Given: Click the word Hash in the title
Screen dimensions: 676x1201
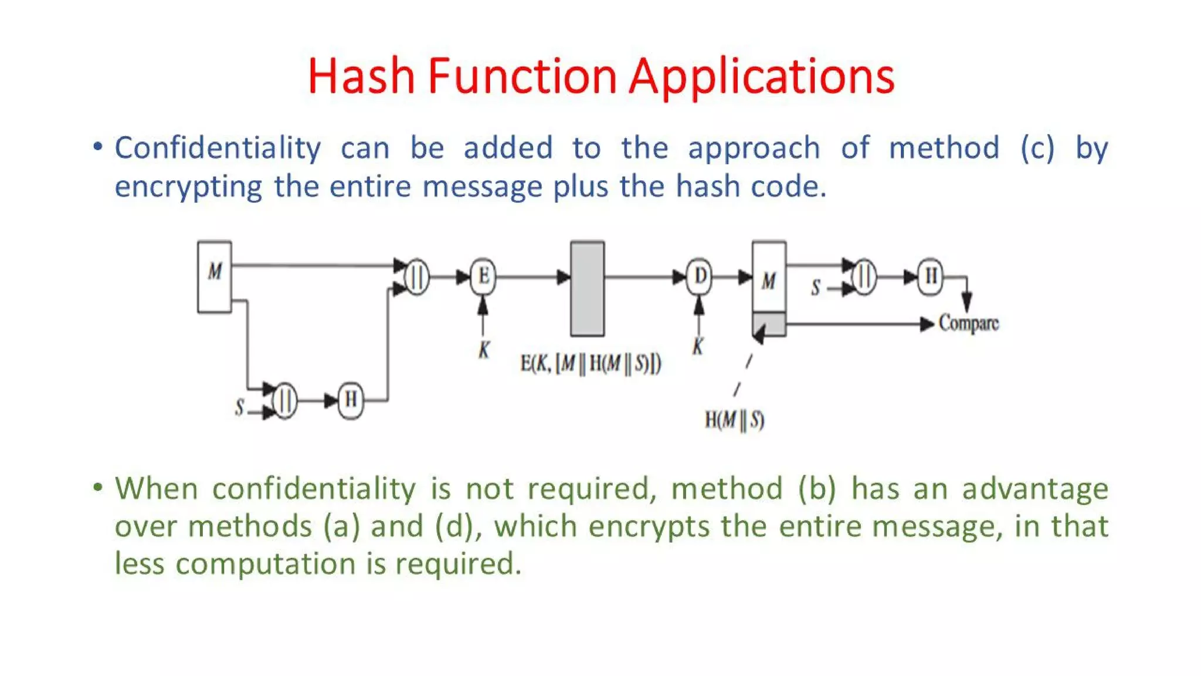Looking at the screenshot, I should pos(361,76).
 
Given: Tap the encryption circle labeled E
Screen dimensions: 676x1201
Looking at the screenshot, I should pos(483,276).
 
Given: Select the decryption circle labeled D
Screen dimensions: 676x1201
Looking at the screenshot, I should pos(699,276).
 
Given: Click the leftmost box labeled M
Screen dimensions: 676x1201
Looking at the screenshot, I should pos(215,276).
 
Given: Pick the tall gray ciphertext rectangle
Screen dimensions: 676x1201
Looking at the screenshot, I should pos(587,289).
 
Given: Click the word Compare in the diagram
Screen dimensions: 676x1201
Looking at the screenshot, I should pos(968,323).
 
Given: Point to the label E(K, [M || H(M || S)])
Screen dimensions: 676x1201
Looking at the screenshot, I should pos(590,364).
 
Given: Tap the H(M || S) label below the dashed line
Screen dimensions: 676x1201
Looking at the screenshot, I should pos(734,420).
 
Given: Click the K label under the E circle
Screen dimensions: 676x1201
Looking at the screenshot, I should pos(483,350).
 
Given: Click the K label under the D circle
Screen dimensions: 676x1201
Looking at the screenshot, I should pos(697,346).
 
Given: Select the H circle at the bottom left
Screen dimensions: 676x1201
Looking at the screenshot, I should pos(351,400).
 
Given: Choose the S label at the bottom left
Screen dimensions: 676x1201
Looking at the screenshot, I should pos(239,407).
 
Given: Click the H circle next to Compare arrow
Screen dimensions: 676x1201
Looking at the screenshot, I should pos(931,276).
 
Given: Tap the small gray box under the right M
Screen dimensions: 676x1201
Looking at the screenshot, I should pos(769,324).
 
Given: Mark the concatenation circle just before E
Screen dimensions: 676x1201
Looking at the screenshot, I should pos(416,276).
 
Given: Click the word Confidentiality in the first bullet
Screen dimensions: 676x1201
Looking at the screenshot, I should pos(218,148).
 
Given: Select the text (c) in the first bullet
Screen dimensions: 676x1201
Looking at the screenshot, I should pos(1037,148).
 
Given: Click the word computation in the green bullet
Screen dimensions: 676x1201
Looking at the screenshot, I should pos(265,564).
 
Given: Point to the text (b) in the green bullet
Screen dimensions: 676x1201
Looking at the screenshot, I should pos(816,489).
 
